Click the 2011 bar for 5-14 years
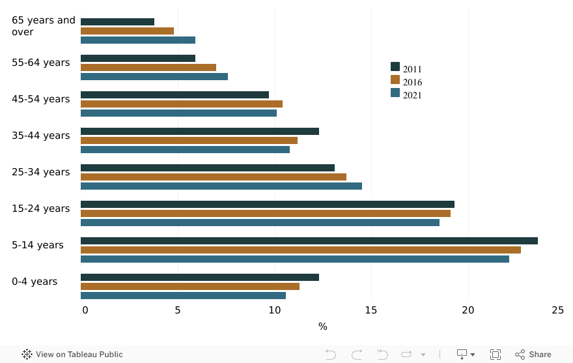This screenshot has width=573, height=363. pyautogui.click(x=309, y=240)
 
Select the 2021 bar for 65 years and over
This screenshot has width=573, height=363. pyautogui.click(x=138, y=40)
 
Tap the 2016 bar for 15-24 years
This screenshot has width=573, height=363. pyautogui.click(x=266, y=213)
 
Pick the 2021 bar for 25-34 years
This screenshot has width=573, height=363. pyautogui.click(x=221, y=186)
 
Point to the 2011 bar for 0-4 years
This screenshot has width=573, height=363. pyautogui.click(x=200, y=277)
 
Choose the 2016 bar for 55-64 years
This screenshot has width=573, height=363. pyautogui.click(x=148, y=67)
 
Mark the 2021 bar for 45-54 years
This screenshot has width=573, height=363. pyautogui.click(x=178, y=113)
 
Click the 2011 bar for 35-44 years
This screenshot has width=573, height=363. pyautogui.click(x=200, y=131)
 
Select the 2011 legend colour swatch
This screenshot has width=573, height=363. pyautogui.click(x=395, y=66)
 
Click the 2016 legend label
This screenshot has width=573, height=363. pyautogui.click(x=412, y=82)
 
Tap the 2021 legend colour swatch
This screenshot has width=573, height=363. pyautogui.click(x=395, y=93)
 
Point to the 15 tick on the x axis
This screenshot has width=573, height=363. pyautogui.click(x=371, y=310)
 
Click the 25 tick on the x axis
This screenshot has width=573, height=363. pyautogui.click(x=557, y=310)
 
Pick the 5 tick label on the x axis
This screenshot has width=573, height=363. pyautogui.click(x=178, y=310)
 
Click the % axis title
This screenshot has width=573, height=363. pyautogui.click(x=323, y=326)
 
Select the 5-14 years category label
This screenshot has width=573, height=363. pyautogui.click(x=38, y=245)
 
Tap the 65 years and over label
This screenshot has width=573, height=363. pyautogui.click(x=43, y=26)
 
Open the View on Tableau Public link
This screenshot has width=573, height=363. pyautogui.click(x=72, y=355)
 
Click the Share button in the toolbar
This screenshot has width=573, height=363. pyautogui.click(x=533, y=355)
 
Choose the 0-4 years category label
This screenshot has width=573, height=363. pyautogui.click(x=35, y=282)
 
